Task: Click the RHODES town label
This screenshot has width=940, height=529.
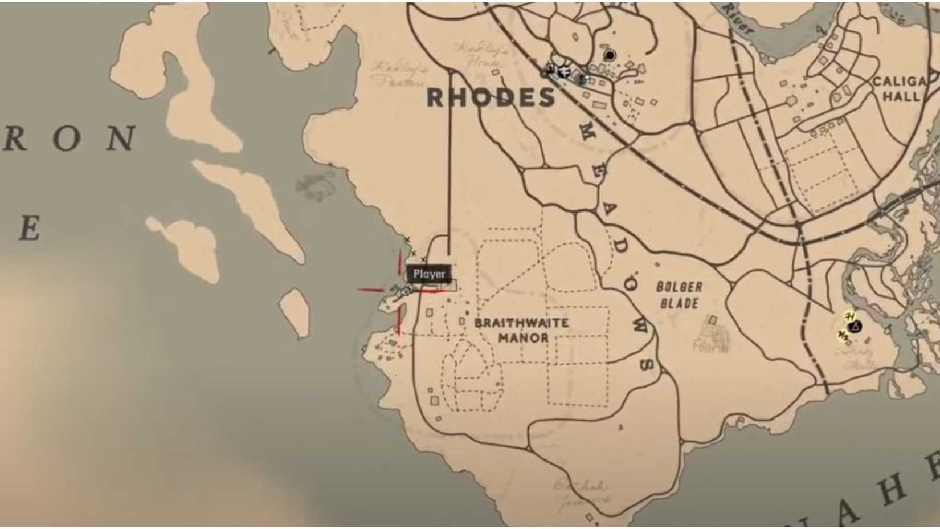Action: click(491, 98)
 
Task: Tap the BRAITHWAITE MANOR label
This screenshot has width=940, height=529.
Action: click(522, 330)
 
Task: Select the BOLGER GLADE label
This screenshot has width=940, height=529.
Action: click(679, 295)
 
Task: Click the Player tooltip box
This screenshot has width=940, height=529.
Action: click(429, 274)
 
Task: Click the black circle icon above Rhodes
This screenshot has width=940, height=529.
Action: click(610, 55)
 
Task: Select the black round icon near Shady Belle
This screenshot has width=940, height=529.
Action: click(854, 327)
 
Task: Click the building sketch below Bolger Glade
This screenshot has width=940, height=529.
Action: click(711, 336)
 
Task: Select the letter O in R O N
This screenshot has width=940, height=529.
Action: click(67, 139)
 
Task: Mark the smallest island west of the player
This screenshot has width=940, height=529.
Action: click(295, 311)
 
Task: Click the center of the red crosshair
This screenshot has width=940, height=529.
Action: click(400, 290)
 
